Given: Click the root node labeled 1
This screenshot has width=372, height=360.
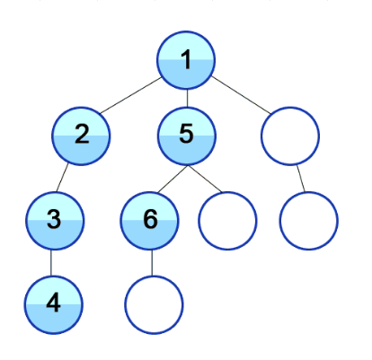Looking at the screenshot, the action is click(186, 60).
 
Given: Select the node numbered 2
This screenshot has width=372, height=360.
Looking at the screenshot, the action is click(81, 136).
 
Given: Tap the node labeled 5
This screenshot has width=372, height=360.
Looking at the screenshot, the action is click(187, 136).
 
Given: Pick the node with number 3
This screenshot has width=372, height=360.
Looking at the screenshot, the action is click(55, 221).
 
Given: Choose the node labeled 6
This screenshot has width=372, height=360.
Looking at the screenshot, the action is click(150, 221).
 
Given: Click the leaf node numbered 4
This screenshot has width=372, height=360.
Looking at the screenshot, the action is click(53, 305).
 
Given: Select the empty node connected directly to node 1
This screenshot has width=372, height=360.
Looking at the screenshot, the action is click(290, 136).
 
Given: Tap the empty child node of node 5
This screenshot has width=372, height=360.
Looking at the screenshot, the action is click(227, 221).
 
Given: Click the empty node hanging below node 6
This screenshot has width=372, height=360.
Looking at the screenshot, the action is click(154, 305).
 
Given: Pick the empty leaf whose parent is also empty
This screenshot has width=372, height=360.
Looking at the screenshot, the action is click(309, 221).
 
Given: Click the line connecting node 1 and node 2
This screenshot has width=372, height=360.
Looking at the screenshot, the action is click(130, 96).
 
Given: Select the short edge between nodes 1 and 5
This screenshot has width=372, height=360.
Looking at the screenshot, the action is click(187, 99).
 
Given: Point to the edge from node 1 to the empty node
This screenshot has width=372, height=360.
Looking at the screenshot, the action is click(241, 95).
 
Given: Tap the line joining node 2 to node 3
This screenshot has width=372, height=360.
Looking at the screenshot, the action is click(62, 178).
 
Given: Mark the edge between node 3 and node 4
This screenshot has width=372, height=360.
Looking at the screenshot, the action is click(51, 263).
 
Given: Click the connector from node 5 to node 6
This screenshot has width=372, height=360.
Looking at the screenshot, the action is click(173, 179).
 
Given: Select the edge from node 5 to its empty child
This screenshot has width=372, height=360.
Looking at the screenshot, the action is click(205, 179).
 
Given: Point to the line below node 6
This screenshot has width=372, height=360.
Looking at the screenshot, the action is click(152, 263).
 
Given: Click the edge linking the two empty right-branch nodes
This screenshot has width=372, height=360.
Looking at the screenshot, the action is click(301, 179).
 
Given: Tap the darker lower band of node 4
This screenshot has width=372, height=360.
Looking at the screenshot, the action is click(53, 319).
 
